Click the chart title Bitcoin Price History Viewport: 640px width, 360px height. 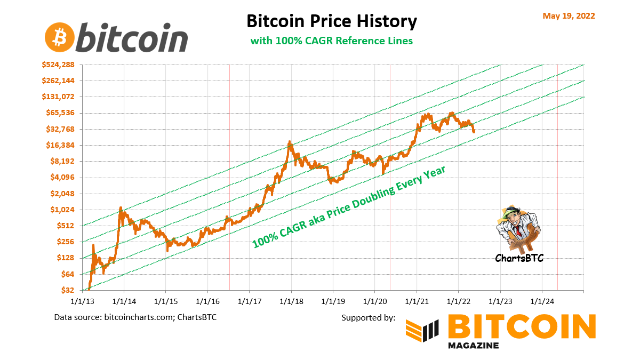coord(331,21)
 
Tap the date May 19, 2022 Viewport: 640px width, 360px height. coord(569,15)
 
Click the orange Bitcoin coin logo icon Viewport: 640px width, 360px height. coord(59,37)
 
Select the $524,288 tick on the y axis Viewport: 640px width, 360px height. coord(59,65)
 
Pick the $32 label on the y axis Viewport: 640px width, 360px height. coord(67,290)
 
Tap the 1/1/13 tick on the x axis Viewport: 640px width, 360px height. coord(82,301)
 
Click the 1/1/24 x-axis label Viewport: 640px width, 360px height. coord(542,301)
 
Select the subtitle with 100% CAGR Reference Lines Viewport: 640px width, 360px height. coord(332,41)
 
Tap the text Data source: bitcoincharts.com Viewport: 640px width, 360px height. coord(135,317)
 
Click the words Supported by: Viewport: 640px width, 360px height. coord(368,317)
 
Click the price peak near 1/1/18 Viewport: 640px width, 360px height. coord(290,142)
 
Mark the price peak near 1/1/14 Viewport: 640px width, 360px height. coord(121,208)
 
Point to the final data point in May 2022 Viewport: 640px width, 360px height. coord(474,131)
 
